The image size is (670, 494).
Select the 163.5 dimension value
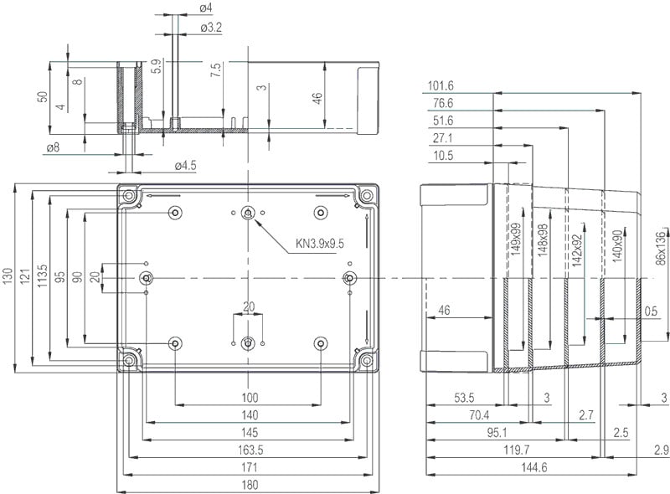(x=248, y=450)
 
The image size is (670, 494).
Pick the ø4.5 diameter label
(x=186, y=165)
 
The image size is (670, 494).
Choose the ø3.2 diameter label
(x=211, y=28)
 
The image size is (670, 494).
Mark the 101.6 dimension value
(x=440, y=85)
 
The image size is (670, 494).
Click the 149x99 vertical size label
(x=516, y=239)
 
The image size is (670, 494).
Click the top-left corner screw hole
(x=130, y=196)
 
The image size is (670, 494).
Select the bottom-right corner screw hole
(x=367, y=360)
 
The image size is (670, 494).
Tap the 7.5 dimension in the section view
(x=216, y=71)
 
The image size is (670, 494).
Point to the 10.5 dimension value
(x=443, y=156)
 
